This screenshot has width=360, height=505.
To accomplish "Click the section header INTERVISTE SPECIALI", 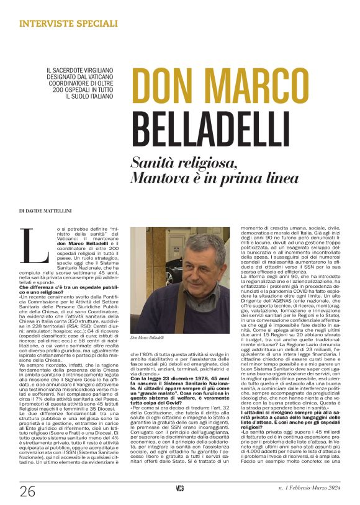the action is pyautogui.click(x=68, y=24).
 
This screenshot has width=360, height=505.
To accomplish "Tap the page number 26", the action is pyautogui.click(x=27, y=492).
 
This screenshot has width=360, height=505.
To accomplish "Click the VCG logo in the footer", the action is pyautogui.click(x=179, y=489).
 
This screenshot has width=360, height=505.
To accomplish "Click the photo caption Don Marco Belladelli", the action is pyautogui.click(x=146, y=337).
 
